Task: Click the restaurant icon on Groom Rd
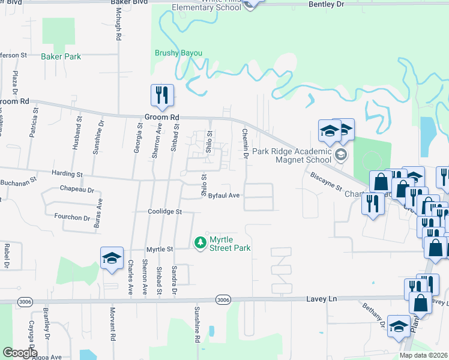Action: click(162, 95)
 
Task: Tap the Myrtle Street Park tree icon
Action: click(200, 242)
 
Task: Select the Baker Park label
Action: click(61, 56)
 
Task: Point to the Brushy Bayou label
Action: click(178, 53)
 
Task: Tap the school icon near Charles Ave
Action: click(112, 258)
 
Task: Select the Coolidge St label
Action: click(164, 212)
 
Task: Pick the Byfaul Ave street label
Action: click(224, 196)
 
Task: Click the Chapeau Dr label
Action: click(77, 190)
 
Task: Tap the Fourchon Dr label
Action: click(71, 216)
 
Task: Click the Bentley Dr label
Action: click(327, 4)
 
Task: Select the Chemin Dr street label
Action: click(245, 144)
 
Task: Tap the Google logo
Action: click(20, 352)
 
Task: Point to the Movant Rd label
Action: click(112, 322)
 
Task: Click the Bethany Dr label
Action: click(373, 315)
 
